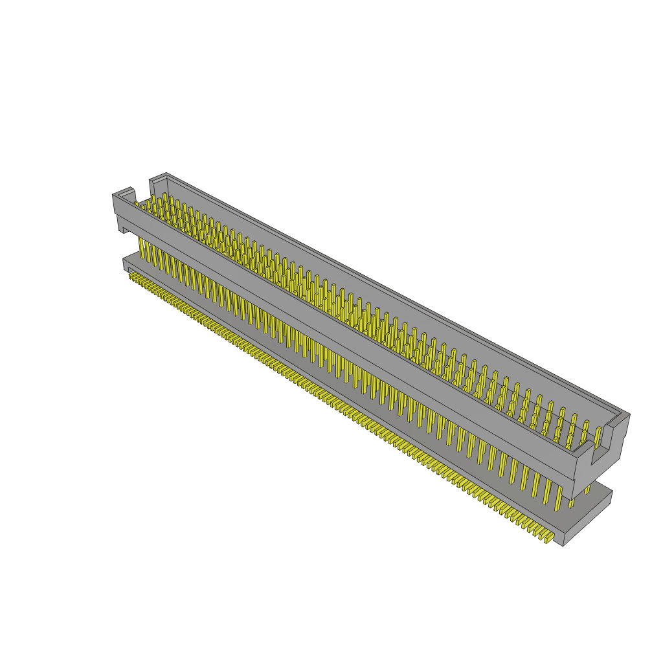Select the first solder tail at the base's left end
coord(131,276)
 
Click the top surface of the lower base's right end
coord(596,495)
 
